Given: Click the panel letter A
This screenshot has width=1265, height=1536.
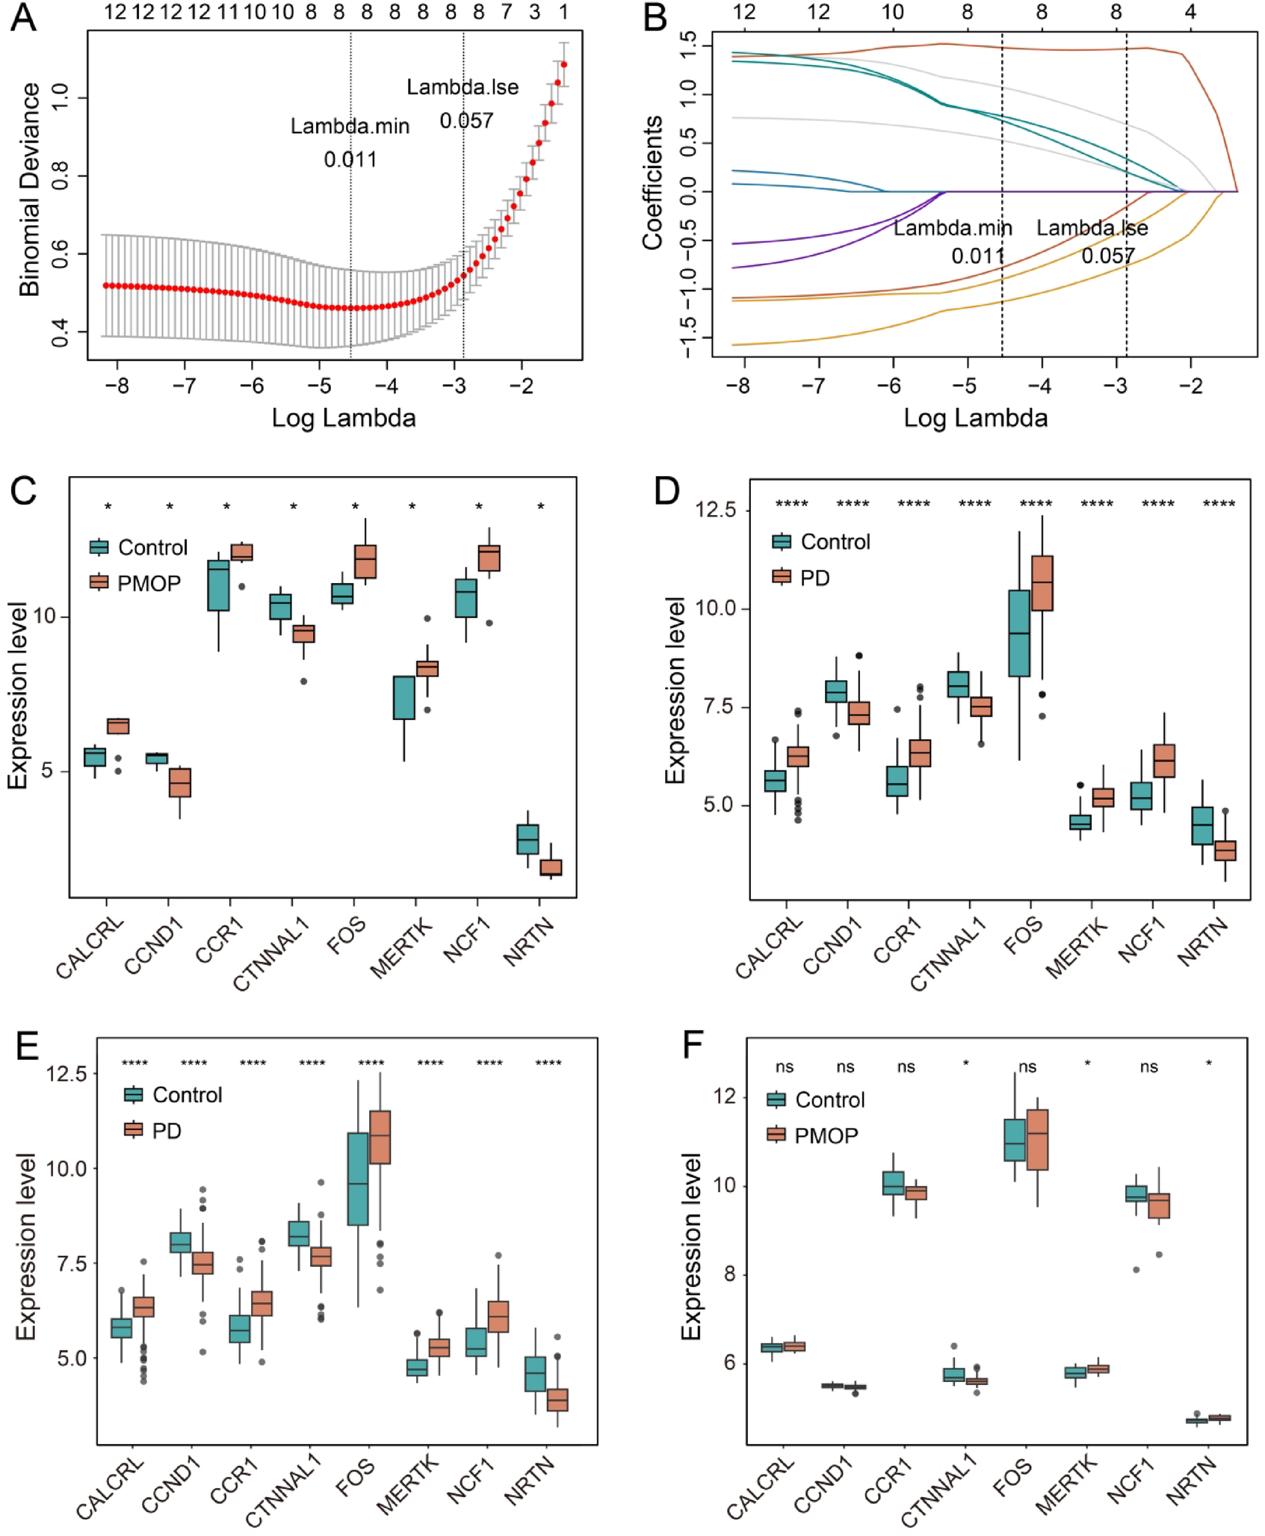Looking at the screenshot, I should coord(23,18).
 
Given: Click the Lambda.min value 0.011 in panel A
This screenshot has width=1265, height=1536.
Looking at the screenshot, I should coord(350,159).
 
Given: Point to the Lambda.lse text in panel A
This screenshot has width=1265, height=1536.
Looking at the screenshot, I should coord(462,87).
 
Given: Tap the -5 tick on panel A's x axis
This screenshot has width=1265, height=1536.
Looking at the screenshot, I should coord(319,386).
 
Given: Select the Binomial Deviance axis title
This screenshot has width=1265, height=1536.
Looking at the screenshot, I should coord(29,190).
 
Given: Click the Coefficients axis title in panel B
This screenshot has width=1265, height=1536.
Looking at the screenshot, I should coord(652,182).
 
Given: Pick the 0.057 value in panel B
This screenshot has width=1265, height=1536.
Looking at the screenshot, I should coord(1107,256).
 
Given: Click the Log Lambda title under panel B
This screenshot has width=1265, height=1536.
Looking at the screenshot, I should coord(975,417).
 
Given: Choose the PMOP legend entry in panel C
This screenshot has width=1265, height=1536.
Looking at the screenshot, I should coord(135,583).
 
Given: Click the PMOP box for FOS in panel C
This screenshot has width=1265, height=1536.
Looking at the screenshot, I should coord(365,561).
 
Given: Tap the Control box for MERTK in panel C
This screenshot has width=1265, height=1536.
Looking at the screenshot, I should coord(404,697).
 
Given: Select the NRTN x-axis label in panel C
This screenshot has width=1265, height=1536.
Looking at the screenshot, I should coord(529,943).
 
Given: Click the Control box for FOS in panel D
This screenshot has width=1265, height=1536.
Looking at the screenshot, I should coord(1019,633).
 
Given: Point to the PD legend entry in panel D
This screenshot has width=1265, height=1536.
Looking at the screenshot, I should coord(801,578).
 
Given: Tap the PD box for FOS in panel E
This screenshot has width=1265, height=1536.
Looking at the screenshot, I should coord(380,1137).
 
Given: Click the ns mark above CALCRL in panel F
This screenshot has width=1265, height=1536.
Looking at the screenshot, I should coord(785,1067).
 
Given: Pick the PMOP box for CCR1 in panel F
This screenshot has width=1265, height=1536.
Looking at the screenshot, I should coord(916,1193).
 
